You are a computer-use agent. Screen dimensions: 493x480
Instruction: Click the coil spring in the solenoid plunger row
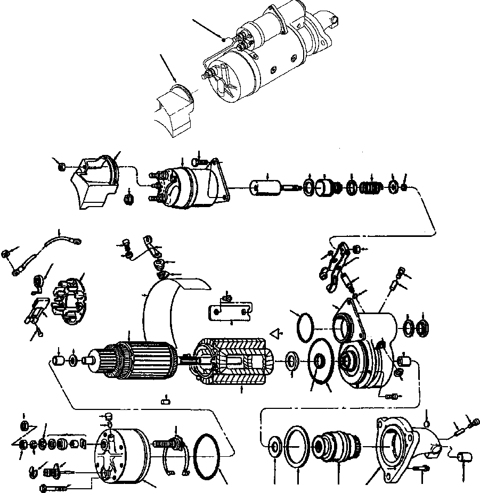point(371,188)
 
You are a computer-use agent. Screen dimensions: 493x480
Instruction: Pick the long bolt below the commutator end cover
point(53,487)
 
